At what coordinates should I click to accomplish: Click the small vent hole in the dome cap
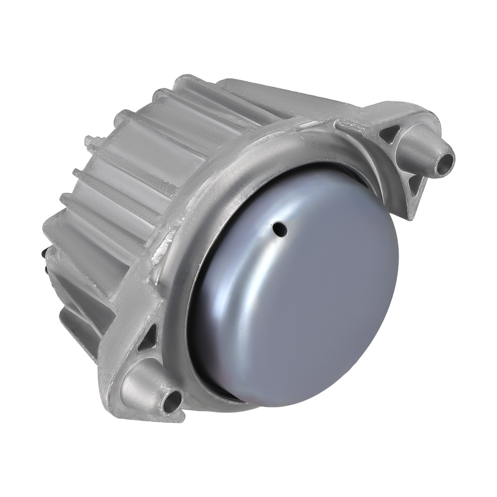pyautogui.click(x=281, y=229)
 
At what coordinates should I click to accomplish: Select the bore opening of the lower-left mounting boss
pyautogui.click(x=173, y=399)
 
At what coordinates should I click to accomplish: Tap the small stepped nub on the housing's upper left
pyautogui.click(x=89, y=141)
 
